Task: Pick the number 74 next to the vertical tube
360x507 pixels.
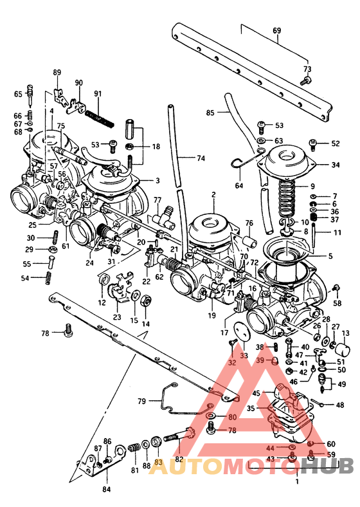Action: (201, 158)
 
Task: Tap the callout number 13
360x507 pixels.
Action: (345, 333)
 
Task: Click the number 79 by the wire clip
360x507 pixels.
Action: (141, 401)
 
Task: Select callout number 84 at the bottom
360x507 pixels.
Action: (105, 488)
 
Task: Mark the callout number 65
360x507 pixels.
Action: (18, 95)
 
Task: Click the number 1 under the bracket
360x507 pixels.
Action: (297, 481)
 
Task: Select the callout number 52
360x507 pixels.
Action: (335, 143)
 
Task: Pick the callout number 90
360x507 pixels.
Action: (79, 83)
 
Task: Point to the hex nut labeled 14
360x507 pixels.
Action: (146, 300)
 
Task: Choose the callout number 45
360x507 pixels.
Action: (256, 393)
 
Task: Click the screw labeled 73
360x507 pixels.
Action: (307, 80)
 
